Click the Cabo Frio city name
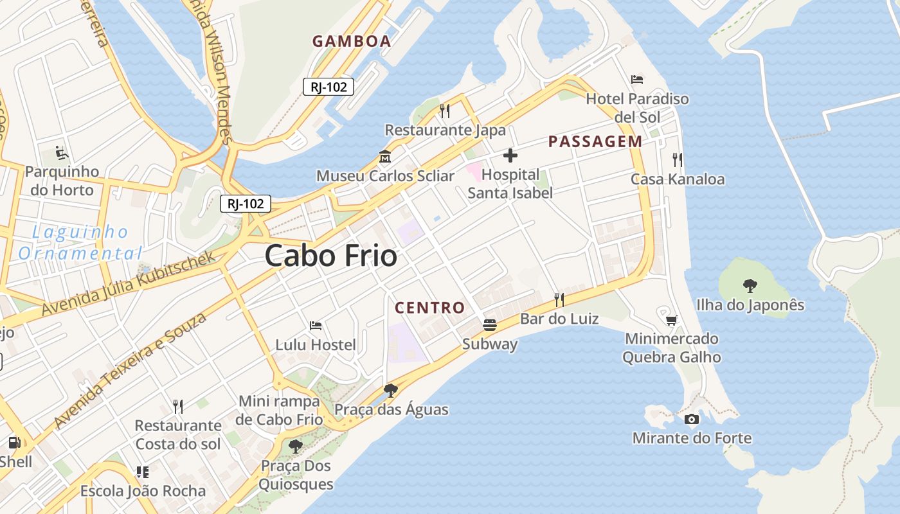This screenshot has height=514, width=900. pyautogui.click(x=331, y=256)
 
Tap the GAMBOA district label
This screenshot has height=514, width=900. pyautogui.click(x=352, y=41)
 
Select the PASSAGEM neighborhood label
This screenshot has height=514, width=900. pyautogui.click(x=595, y=142)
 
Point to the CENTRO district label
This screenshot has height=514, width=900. pyautogui.click(x=429, y=308)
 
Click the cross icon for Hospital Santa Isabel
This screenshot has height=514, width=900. pyautogui.click(x=510, y=155)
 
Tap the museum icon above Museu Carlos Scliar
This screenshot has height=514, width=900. pyautogui.click(x=385, y=156)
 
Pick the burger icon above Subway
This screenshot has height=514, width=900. pyautogui.click(x=490, y=325)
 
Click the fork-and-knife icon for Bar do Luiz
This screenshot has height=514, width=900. pyautogui.click(x=559, y=299)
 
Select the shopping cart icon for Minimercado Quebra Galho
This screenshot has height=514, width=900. pyautogui.click(x=672, y=319)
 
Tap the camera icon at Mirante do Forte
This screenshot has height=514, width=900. pyautogui.click(x=692, y=420)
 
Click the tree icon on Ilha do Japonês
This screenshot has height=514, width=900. pyautogui.click(x=750, y=285)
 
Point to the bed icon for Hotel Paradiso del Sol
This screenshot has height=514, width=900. pyautogui.click(x=637, y=80)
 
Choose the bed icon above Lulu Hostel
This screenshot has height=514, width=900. pyautogui.click(x=316, y=326)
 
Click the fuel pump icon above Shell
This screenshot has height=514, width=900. pyautogui.click(x=14, y=442)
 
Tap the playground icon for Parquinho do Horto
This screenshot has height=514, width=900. pyautogui.click(x=62, y=153)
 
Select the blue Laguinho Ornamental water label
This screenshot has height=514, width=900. pyautogui.click(x=78, y=242)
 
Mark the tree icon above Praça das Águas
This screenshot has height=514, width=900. pyautogui.click(x=390, y=390)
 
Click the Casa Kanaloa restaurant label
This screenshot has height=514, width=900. pyautogui.click(x=678, y=179)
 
